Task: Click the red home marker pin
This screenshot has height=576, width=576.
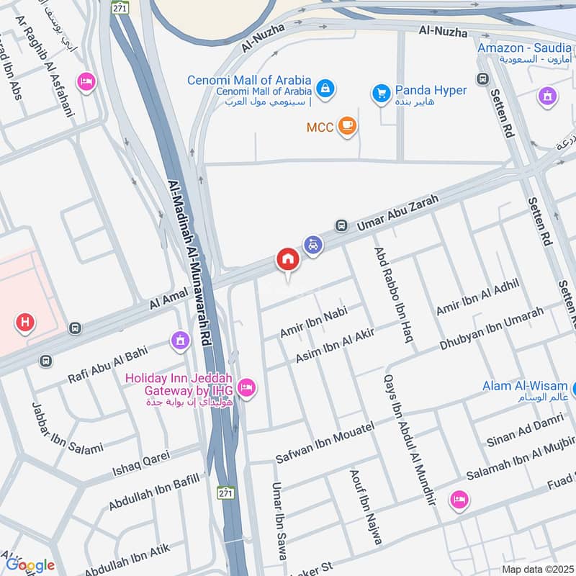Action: pos(287,259)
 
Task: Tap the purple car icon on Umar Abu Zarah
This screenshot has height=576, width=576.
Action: pos(312,245)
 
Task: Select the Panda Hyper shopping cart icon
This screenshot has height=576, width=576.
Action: pos(380,92)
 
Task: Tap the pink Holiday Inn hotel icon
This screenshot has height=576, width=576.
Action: pos(246,388)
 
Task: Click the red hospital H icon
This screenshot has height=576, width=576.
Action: pos(25,323)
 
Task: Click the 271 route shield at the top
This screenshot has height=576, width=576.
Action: pos(120,6)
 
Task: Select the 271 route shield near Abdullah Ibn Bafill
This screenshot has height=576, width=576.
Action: pos(226,493)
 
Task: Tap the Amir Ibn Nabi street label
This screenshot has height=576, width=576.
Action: pos(313,322)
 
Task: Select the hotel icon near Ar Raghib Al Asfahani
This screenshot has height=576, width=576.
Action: pos(86,83)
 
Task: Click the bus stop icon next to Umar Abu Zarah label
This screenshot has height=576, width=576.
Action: pos(341,225)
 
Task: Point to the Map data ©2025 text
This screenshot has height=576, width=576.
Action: pos(536,569)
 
